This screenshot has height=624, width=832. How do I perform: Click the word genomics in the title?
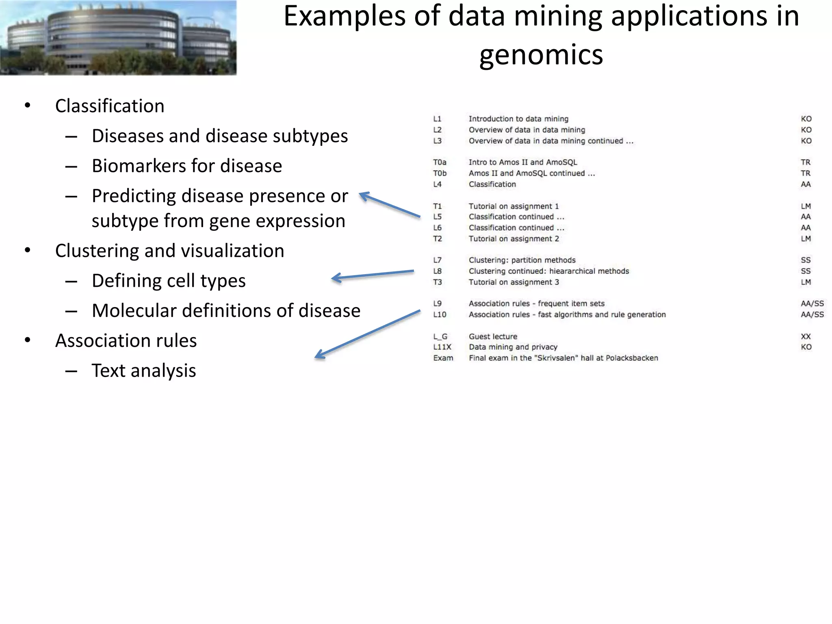click(541, 55)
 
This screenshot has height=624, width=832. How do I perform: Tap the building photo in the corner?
click(118, 37)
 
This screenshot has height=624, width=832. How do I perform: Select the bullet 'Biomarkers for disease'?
click(186, 166)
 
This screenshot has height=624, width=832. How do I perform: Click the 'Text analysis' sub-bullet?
click(143, 370)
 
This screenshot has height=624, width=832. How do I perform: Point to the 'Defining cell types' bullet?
click(169, 281)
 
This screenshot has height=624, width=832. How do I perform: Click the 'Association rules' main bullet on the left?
click(126, 340)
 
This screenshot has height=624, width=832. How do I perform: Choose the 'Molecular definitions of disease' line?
click(226, 311)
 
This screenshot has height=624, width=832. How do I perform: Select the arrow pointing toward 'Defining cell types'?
click(373, 275)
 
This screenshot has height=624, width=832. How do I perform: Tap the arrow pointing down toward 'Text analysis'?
click(367, 334)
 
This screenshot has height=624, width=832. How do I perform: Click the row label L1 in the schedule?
click(437, 119)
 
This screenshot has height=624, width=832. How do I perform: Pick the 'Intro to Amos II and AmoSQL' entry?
click(522, 162)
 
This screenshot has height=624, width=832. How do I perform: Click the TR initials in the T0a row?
click(805, 162)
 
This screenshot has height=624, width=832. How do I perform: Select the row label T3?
click(437, 282)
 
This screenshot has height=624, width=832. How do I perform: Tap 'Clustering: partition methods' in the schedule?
click(522, 260)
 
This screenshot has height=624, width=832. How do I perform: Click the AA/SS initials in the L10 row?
click(812, 315)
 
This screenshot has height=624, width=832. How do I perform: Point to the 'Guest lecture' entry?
click(493, 337)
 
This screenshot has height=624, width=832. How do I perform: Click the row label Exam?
click(443, 358)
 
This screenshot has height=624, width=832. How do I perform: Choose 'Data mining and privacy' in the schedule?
click(513, 347)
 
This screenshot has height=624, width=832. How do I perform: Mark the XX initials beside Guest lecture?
click(806, 337)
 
